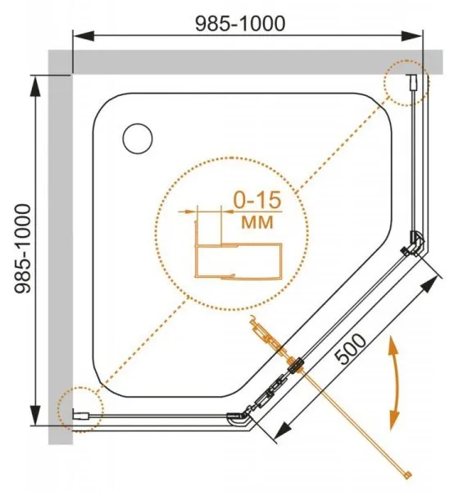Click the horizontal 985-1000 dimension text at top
(240, 24)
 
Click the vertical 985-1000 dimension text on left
(23, 248)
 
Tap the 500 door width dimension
(350, 349)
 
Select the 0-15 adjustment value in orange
(257, 200)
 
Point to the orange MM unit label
(257, 222)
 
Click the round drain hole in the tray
(138, 139)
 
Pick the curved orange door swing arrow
(394, 383)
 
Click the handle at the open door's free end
(407, 476)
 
